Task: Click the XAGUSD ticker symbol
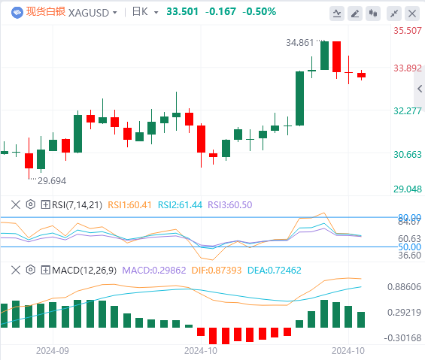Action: pos(89,13)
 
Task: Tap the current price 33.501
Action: pos(183,11)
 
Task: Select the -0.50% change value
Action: pos(259,11)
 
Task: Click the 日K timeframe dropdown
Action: pos(145,12)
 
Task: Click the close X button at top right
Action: pos(412,14)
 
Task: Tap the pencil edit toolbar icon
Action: pos(355,14)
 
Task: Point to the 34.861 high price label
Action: pos(300,43)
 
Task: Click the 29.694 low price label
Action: pos(52,180)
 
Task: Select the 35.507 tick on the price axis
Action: pos(408,31)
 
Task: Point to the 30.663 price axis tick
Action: pos(408,155)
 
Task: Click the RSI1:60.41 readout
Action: pos(129,204)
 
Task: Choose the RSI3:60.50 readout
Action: pos(230,204)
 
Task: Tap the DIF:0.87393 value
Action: pos(217,270)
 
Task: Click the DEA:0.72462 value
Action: pos(275,270)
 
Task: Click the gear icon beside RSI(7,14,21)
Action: pos(31,204)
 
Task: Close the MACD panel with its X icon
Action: pos(16,270)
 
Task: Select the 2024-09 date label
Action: pos(53,351)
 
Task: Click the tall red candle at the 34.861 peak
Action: pos(337,56)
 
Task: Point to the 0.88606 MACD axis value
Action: pos(404,287)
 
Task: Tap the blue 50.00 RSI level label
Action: pos(409,247)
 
